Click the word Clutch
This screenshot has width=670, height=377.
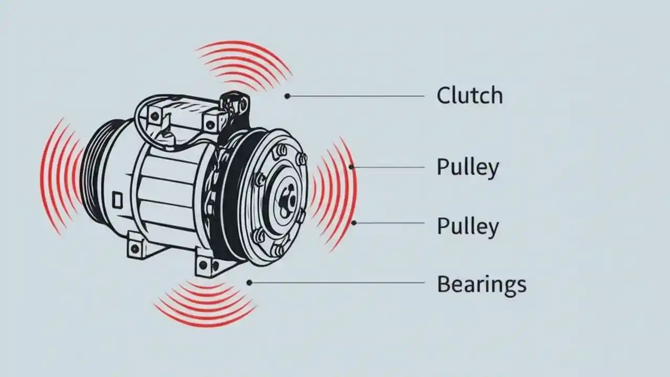coord(470,95)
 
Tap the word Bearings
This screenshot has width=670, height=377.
coord(481,285)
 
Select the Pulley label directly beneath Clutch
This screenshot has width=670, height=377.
coord(467,168)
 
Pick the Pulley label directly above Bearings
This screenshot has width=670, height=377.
coord(467,227)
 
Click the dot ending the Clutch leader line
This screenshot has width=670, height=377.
coord(287,96)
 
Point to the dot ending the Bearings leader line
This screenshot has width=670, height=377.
coord(249,283)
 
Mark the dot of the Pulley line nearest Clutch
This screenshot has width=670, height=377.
coord(352,168)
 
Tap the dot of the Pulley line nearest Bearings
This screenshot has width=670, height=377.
coord(354,223)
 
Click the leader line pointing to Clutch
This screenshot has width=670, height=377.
coord(356,96)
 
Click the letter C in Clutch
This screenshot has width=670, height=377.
coord(443,95)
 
